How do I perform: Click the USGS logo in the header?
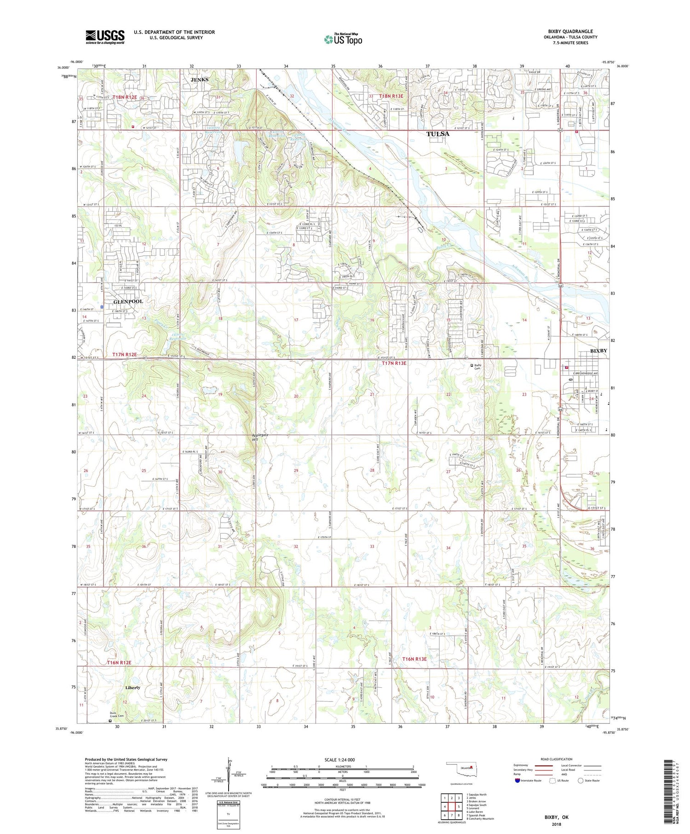point(105,37)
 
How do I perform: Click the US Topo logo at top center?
point(343,40)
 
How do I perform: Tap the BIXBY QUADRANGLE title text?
point(570,31)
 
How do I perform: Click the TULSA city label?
point(438,134)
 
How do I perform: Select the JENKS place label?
point(199,80)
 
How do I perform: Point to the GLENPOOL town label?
point(128,301)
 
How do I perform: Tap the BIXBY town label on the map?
point(598,351)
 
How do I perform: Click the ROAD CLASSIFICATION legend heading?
point(553,759)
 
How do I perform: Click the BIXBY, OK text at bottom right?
point(556,817)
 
